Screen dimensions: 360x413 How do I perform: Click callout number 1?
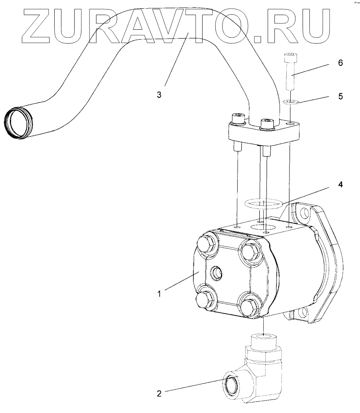[x=159, y=294]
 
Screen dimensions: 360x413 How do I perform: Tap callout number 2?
[x=159, y=394]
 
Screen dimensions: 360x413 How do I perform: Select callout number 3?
[x=159, y=95]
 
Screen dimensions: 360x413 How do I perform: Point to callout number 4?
[x=341, y=184]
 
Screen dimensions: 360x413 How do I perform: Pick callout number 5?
[x=341, y=96]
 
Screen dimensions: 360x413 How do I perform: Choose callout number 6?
[x=341, y=63]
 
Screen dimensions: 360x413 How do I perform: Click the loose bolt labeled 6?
[x=290, y=72]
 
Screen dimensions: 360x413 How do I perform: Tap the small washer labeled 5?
[x=290, y=102]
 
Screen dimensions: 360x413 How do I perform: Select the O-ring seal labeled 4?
[x=263, y=204]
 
